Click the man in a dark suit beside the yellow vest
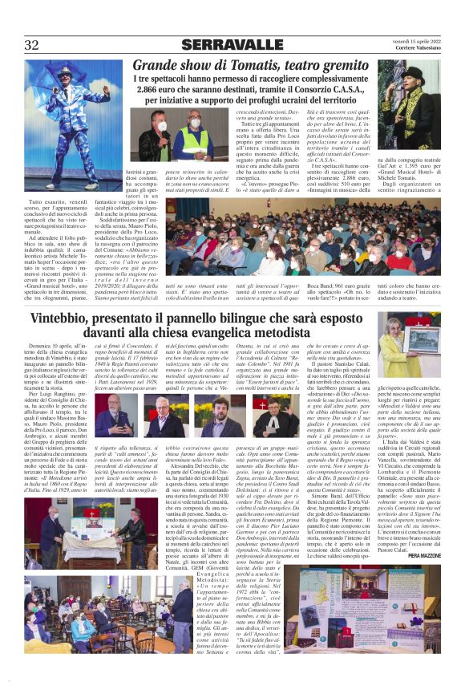click(x=161, y=132)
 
